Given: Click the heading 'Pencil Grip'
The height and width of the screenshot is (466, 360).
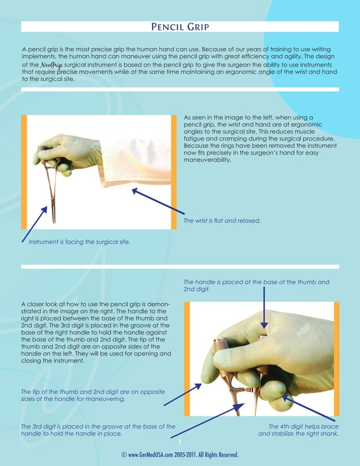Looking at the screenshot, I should [180, 27].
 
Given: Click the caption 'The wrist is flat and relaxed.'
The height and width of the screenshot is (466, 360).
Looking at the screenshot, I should [222, 221].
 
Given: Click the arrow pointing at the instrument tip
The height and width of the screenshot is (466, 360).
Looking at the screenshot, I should [33, 223].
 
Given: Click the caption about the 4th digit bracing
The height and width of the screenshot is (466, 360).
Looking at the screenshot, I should [298, 430].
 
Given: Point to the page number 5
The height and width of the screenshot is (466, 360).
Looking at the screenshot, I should [180, 442].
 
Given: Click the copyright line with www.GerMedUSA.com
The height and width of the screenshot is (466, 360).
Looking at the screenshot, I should [180, 455].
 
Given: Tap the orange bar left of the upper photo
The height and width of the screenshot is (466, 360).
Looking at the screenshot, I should [24, 172].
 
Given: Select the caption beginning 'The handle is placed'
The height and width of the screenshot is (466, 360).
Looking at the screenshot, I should [257, 285].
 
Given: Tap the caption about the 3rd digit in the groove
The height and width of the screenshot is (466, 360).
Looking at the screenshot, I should [98, 430].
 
